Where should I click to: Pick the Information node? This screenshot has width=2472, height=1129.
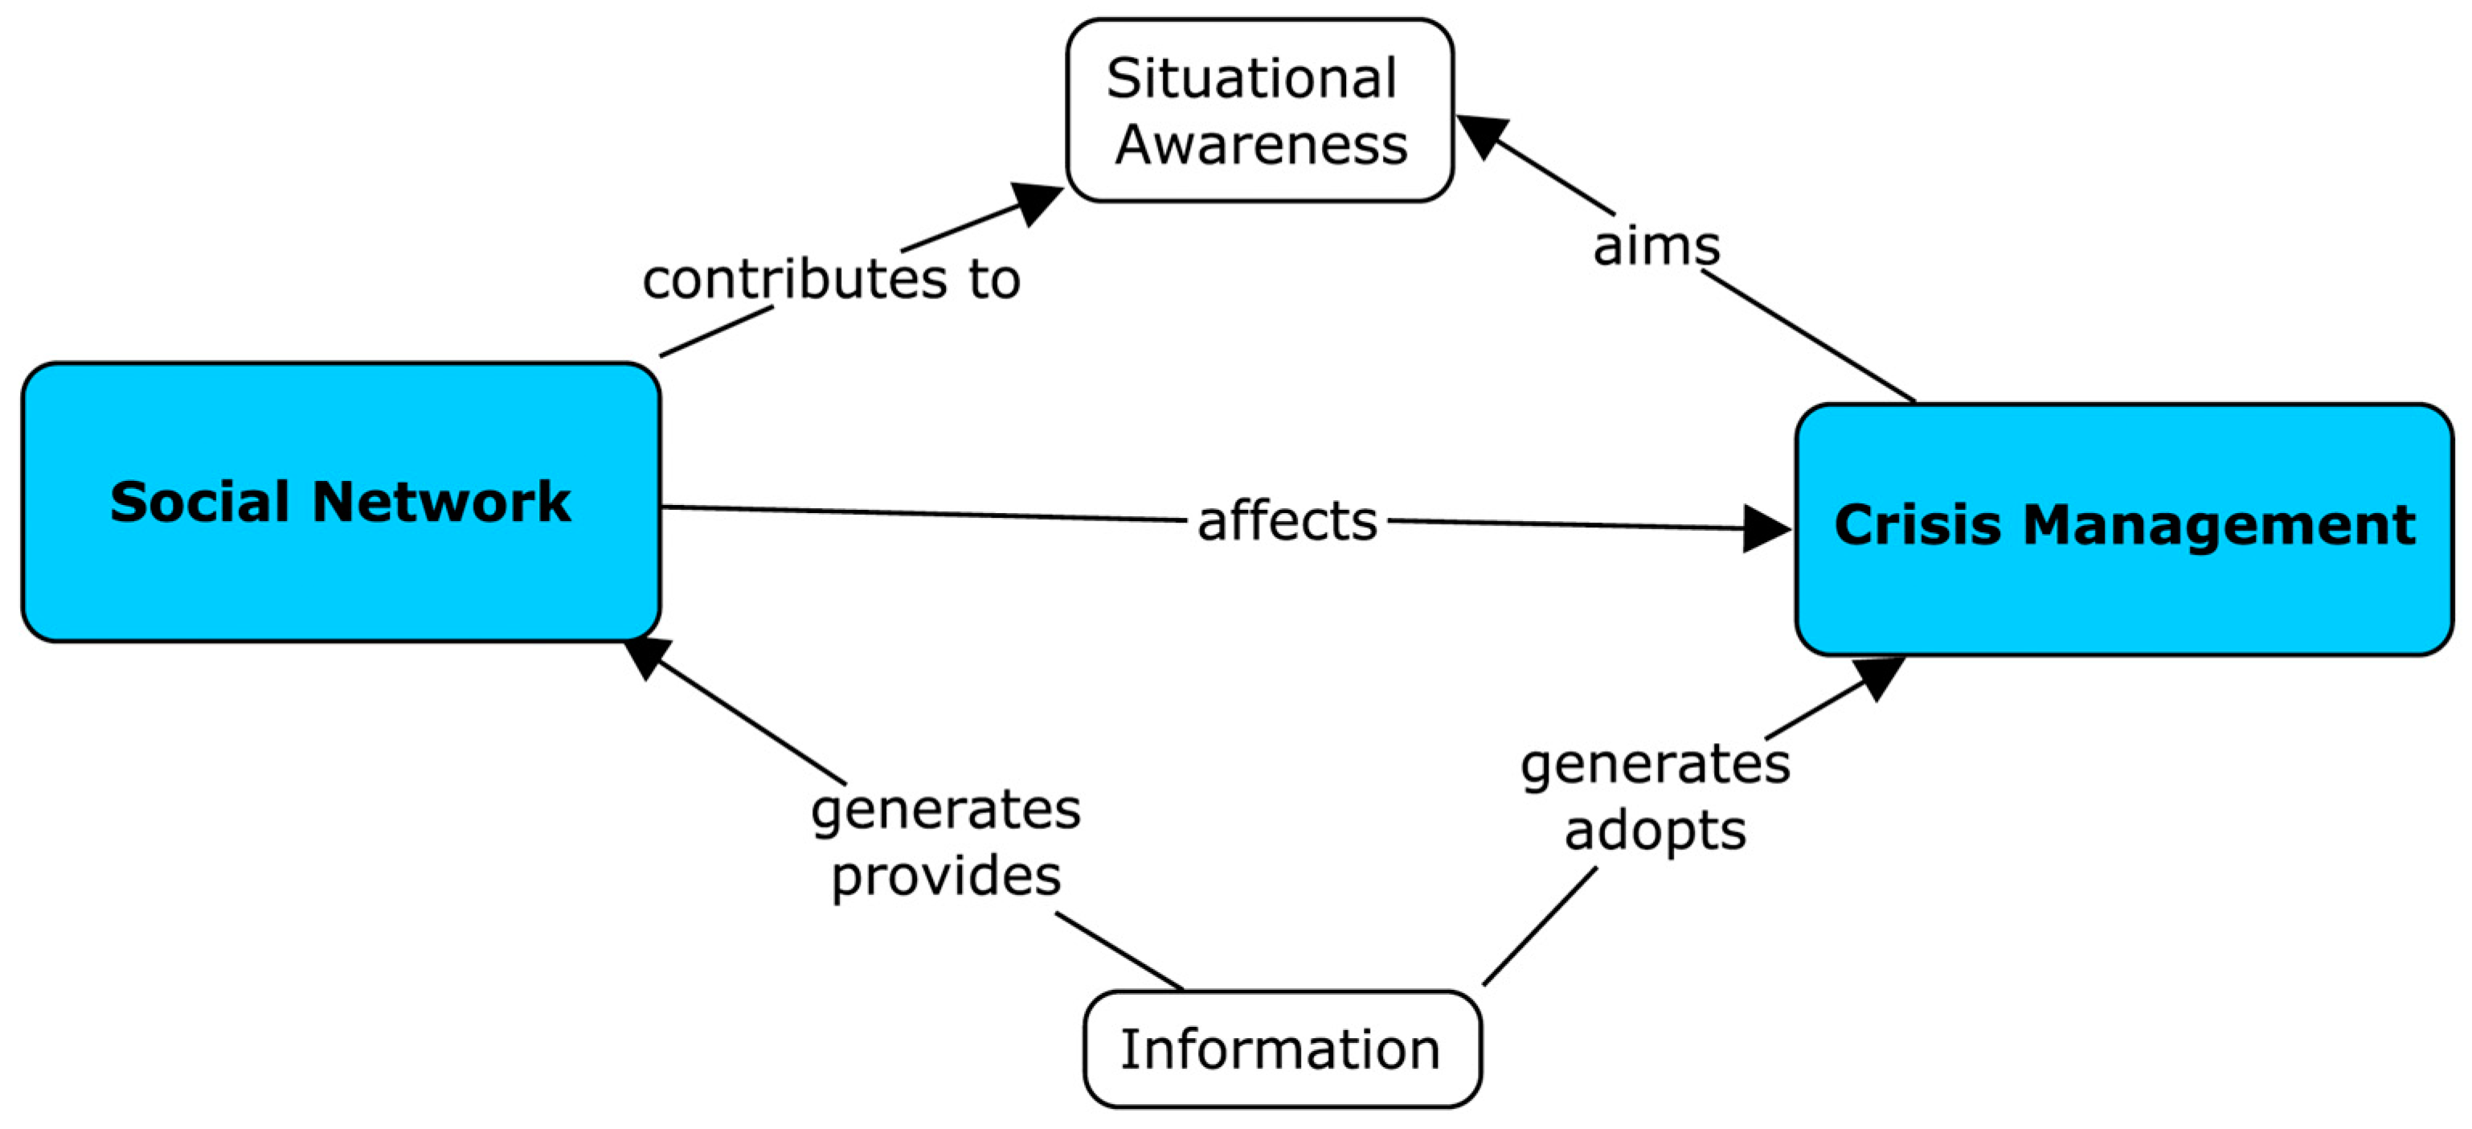(x=1281, y=1049)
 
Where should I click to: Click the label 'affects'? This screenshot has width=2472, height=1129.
(x=1287, y=521)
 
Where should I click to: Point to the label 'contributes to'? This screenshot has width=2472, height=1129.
(x=831, y=279)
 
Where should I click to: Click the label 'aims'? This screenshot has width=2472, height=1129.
(x=1656, y=246)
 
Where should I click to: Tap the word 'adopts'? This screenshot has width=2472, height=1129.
(x=1656, y=830)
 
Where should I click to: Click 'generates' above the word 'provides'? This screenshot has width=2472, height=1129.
(x=946, y=809)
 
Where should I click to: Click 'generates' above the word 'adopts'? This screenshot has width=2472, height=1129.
(x=1656, y=764)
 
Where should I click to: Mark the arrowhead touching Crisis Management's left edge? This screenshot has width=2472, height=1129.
(x=1766, y=529)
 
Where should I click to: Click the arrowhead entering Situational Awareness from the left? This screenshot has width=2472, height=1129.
(x=1038, y=201)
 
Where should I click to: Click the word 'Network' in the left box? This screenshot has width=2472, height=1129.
(x=441, y=502)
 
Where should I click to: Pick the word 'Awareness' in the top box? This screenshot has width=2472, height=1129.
(x=1261, y=145)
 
